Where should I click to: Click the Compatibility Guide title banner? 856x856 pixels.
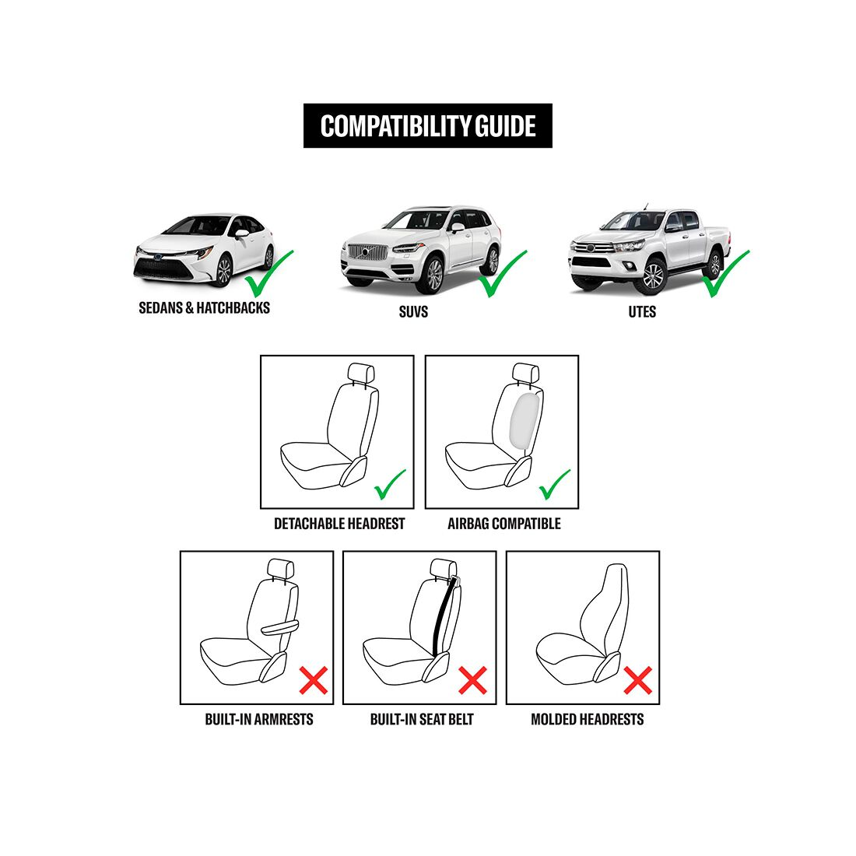[427, 126]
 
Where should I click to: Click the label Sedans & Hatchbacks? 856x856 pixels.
[204, 307]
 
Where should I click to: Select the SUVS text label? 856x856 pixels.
[412, 312]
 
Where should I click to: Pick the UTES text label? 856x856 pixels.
[642, 312]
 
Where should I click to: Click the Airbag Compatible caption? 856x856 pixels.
[503, 524]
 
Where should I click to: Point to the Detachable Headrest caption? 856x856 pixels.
[339, 524]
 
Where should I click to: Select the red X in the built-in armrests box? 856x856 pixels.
[313, 680]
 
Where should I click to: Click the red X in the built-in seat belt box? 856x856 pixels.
[472, 680]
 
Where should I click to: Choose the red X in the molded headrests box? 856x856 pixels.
[637, 680]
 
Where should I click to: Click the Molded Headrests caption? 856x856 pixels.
[587, 719]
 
